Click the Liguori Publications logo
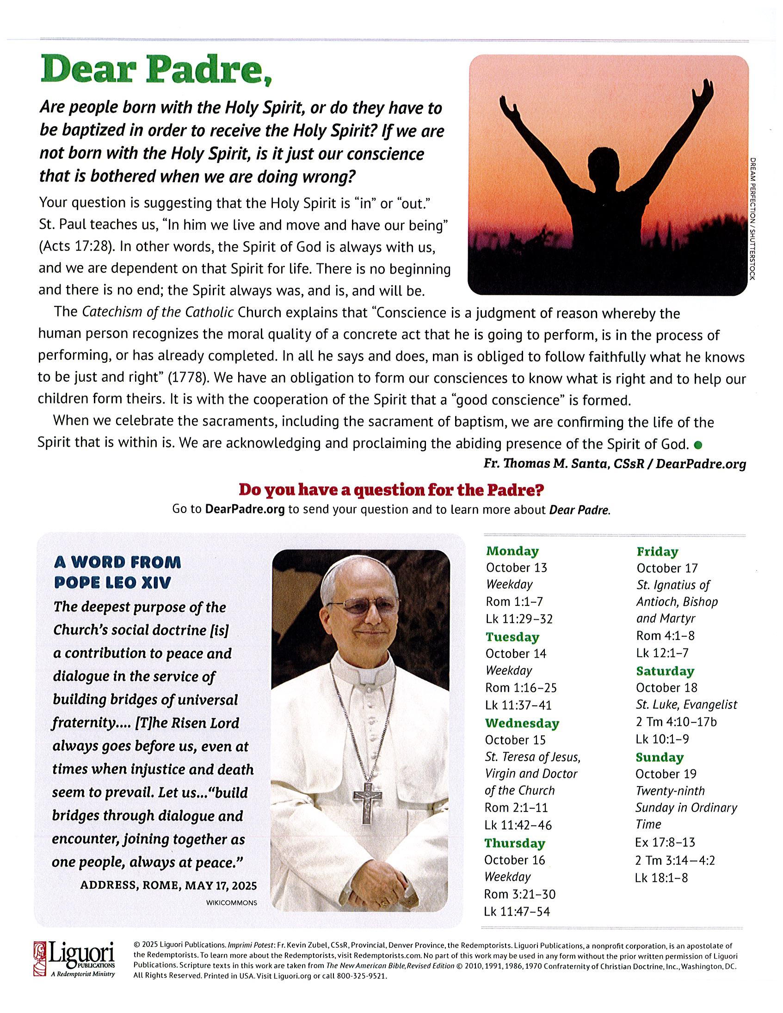[x=74, y=964]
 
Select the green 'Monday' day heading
[x=512, y=551]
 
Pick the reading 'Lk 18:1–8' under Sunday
[x=661, y=878]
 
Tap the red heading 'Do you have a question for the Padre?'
[x=391, y=489]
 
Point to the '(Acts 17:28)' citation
[x=76, y=247]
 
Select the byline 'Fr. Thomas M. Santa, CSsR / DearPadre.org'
[x=615, y=464]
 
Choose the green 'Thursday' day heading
[x=515, y=843]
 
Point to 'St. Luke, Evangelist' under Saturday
[x=686, y=705]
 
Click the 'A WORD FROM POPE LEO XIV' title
[x=117, y=572]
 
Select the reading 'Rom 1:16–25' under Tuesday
[x=521, y=688]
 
